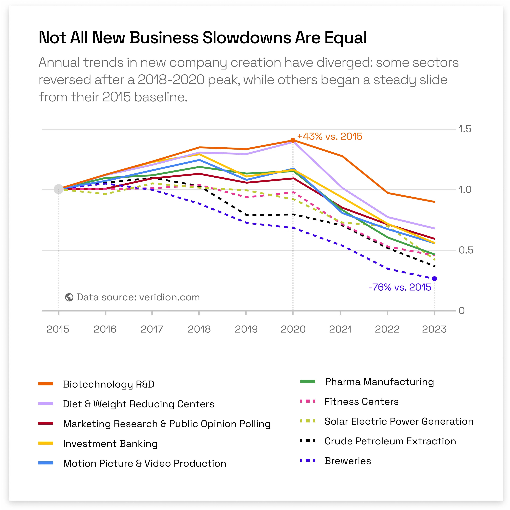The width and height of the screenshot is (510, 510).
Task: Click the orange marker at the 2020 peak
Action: pos(293,140)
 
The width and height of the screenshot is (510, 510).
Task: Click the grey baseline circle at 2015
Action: pos(59,189)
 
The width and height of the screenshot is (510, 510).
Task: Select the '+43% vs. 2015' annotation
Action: pos(330,137)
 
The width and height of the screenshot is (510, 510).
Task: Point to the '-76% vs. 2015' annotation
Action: pos(400,287)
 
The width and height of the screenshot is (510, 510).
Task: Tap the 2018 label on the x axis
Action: pos(199,329)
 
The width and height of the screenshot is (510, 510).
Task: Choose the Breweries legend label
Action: pos(348,461)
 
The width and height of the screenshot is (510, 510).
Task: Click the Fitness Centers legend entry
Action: pos(361,401)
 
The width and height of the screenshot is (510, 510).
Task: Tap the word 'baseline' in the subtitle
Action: pos(160,97)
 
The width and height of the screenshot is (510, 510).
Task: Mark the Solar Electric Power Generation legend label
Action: pos(399,421)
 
